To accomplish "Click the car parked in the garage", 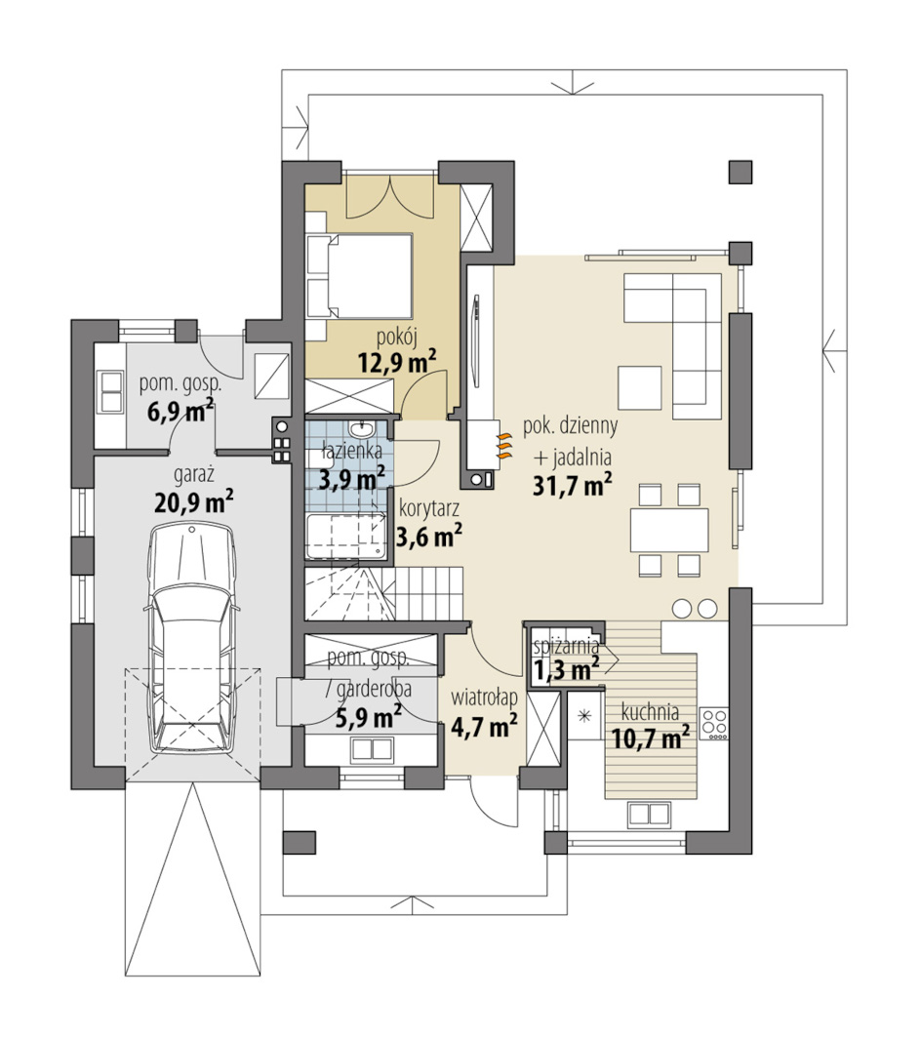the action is pos(192,639).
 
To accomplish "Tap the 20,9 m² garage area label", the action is pos(194,502).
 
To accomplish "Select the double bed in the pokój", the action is pos(361,275).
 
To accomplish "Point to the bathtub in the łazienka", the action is pos(346,538).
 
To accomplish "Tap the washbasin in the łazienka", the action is pos(361,430).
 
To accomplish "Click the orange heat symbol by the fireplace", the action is pos(504,447).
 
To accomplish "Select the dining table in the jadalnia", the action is pos(669,530).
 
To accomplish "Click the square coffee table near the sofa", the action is pos(640,387).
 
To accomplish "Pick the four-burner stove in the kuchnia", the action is pos(714,724).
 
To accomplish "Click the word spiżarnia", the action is pos(567,646).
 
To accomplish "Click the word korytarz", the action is pos(428,510).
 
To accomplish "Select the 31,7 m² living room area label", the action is pos(573,486).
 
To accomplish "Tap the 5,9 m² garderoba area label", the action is pos(369,717).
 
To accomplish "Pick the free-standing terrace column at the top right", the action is pos(741,172).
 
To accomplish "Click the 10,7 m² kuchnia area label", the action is pos(651,737).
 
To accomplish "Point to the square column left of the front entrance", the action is pos(300,842).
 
